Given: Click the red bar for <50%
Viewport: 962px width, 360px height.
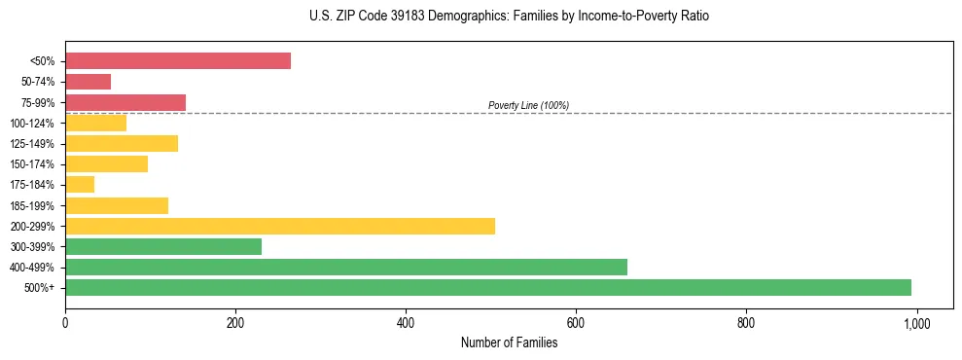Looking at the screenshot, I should click(x=178, y=61).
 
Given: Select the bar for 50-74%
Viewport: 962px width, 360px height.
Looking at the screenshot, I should click(x=88, y=82).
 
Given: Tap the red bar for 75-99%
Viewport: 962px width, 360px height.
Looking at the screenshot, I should click(x=125, y=102).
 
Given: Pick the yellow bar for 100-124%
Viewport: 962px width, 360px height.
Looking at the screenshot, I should click(x=95, y=123).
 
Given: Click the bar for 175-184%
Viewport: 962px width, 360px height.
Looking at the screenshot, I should click(x=80, y=185).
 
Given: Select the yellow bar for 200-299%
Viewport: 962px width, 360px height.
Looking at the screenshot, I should click(x=280, y=226).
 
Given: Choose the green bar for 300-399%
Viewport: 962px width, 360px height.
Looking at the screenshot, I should click(x=163, y=246).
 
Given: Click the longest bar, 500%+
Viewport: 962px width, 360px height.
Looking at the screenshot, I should click(x=488, y=287).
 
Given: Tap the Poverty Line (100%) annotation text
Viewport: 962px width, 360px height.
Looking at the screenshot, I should click(x=528, y=105).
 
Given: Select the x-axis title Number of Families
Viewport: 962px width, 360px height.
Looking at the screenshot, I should click(x=509, y=342).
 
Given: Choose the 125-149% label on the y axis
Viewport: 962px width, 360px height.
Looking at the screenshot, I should click(x=32, y=144).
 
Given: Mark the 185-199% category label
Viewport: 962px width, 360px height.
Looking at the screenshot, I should click(x=32, y=205).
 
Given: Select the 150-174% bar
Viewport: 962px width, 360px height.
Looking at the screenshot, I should click(x=106, y=164).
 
